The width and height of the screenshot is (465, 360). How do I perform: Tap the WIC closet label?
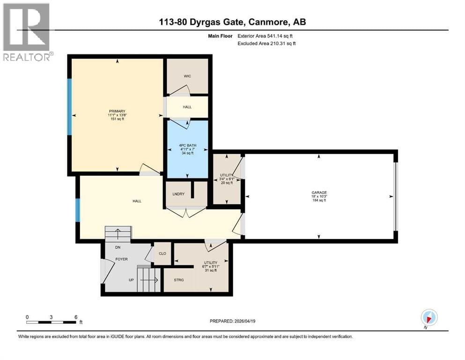pyautogui.click(x=187, y=76)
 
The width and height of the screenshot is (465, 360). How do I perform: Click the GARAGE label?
pyautogui.click(x=319, y=192)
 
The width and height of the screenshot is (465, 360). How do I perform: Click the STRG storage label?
pyautogui.click(x=178, y=280)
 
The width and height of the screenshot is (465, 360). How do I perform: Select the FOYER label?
pyautogui.click(x=122, y=258)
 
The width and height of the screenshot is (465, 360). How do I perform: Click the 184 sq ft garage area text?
pyautogui.click(x=319, y=201)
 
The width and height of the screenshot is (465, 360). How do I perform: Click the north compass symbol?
pyautogui.click(x=429, y=317)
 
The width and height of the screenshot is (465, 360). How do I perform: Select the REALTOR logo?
pyautogui.click(x=27, y=32)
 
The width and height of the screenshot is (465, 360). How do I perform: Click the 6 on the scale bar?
pyautogui.click(x=76, y=316)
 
